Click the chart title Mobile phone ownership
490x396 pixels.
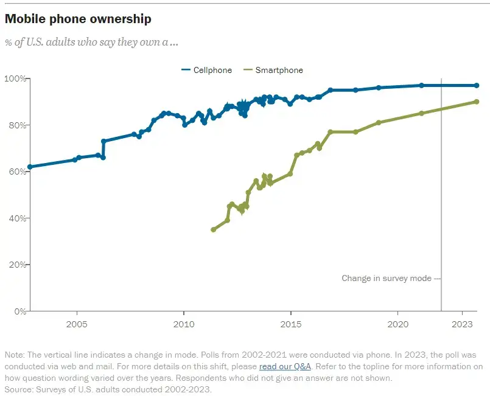(78, 19)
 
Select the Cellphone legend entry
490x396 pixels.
(207, 70)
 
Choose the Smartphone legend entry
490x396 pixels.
(273, 70)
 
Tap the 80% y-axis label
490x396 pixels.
(16, 125)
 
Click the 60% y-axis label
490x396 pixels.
(16, 172)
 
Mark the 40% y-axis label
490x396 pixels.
(16, 218)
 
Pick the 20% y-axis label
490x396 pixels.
(16, 265)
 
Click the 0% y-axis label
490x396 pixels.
(18, 311)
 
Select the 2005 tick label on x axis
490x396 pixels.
(77, 324)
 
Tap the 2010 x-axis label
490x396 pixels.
(184, 324)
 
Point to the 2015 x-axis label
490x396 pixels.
(291, 324)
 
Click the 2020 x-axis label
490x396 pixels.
(398, 324)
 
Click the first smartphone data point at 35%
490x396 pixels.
(213, 229)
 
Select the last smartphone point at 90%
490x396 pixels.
(477, 102)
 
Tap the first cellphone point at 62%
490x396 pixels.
(30, 167)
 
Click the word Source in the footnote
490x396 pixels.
(19, 390)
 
